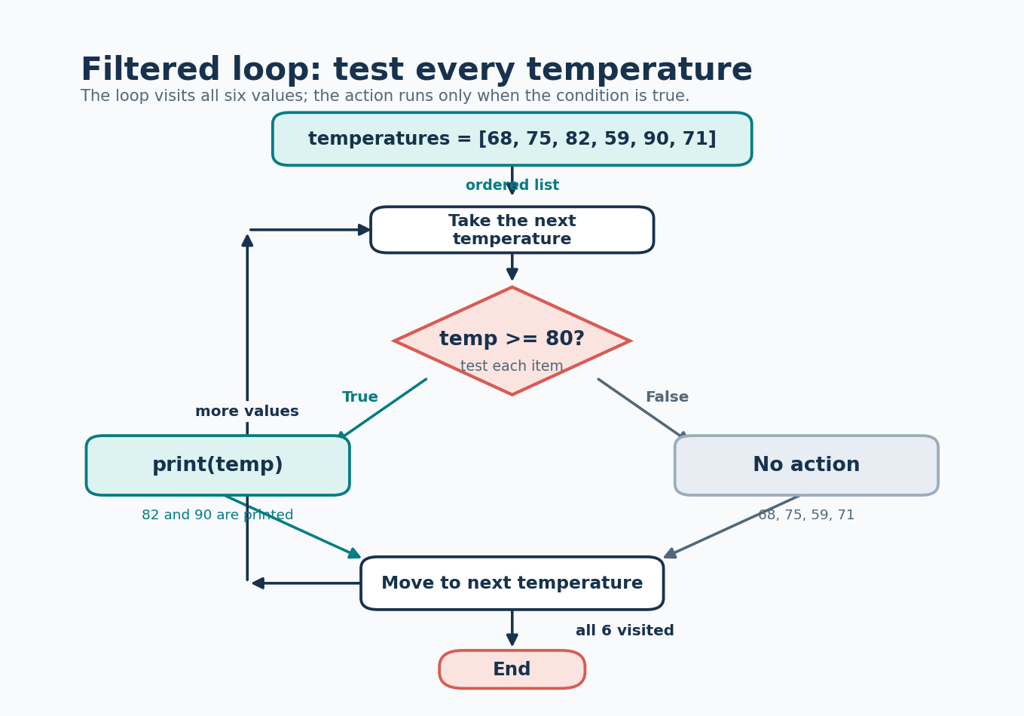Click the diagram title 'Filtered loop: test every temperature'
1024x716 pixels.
pyautogui.click(x=417, y=70)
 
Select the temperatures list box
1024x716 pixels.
pyautogui.click(x=512, y=139)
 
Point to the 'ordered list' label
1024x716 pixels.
pyautogui.click(x=512, y=185)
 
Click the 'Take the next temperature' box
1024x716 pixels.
pyautogui.click(x=512, y=230)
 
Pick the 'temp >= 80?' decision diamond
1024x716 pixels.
pyautogui.click(x=512, y=341)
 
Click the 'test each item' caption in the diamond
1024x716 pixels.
pyautogui.click(x=512, y=366)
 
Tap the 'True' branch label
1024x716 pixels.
pyautogui.click(x=359, y=397)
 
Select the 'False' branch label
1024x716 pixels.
pyautogui.click(x=667, y=397)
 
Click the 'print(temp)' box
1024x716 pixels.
pyautogui.click(x=218, y=465)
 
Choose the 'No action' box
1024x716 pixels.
pyautogui.click(x=806, y=465)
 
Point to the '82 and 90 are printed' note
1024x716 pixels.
pyautogui.click(x=218, y=515)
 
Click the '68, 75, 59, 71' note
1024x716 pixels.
pyautogui.click(x=806, y=515)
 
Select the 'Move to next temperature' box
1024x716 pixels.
pyautogui.click(x=512, y=583)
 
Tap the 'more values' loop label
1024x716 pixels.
pyautogui.click(x=247, y=411)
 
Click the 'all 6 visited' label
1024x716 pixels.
pyautogui.click(x=625, y=631)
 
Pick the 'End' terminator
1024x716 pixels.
pyautogui.click(x=512, y=669)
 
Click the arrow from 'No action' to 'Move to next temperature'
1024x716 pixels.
pyautogui.click(x=732, y=527)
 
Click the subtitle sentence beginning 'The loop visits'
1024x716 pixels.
pyautogui.click(x=385, y=96)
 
